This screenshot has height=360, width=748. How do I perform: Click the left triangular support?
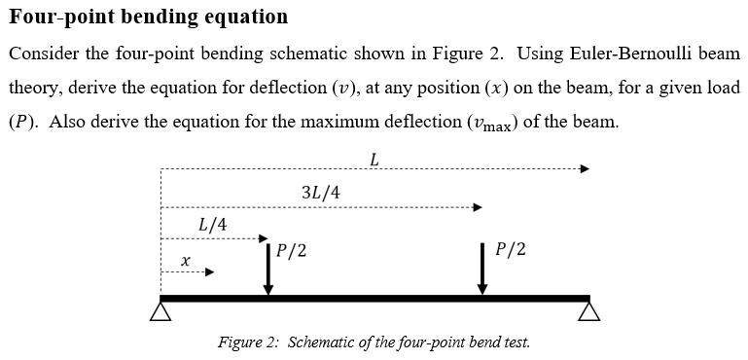[x=160, y=311]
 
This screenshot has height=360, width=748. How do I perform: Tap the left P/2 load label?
[x=292, y=250]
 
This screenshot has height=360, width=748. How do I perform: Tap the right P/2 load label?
[x=511, y=249]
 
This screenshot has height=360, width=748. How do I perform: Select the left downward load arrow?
[x=269, y=268]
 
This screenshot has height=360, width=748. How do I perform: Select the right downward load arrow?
[x=482, y=268]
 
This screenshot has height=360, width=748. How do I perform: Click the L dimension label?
[x=374, y=159]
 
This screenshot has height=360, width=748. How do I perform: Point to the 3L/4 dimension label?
[x=321, y=192]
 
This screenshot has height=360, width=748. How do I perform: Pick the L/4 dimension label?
[x=212, y=225]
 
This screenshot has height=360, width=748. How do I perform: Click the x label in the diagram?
[x=185, y=260]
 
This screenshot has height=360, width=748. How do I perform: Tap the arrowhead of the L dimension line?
[x=585, y=168]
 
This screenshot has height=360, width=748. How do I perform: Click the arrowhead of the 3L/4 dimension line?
[x=477, y=206]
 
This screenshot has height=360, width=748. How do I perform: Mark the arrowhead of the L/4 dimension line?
[x=262, y=237]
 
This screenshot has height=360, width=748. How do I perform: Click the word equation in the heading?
[x=246, y=17]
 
